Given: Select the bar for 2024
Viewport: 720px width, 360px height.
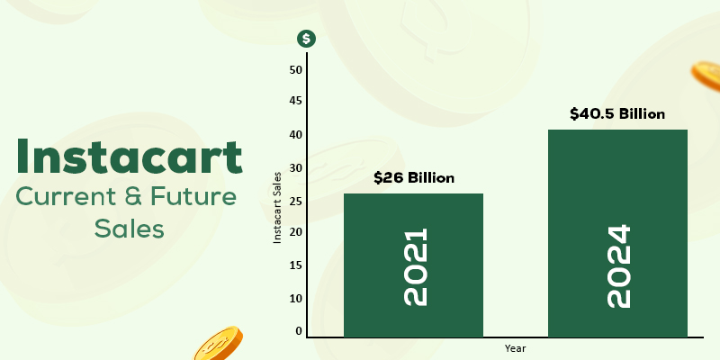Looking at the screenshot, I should [617, 234].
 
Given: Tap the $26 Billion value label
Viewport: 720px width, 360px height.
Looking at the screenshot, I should [414, 177].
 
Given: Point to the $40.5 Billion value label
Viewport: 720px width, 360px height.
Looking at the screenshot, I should [617, 114].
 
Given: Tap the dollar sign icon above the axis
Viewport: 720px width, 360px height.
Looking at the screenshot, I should [307, 39].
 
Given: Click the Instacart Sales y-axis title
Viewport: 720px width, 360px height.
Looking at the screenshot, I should [279, 206].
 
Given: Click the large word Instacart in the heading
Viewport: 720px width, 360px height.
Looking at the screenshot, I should [130, 156].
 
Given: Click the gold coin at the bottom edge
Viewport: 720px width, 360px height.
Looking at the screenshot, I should [218, 344].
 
